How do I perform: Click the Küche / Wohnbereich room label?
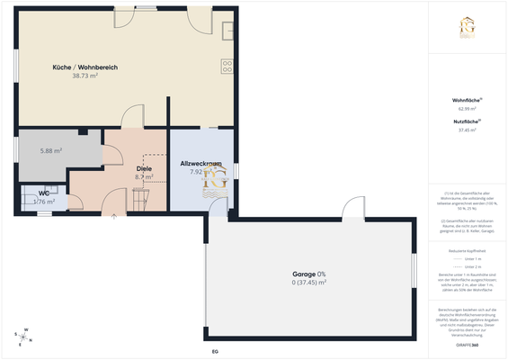tap(85, 67)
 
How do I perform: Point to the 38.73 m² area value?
tap(85, 76)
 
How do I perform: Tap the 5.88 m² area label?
tap(50, 151)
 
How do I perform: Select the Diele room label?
tap(144, 168)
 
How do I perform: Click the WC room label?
tap(43, 193)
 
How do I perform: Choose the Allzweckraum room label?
tap(201, 163)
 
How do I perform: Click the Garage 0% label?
tap(308, 273)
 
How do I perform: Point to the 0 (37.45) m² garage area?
tap(308, 282)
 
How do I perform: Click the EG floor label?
tap(215, 351)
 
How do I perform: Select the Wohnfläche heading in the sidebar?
tap(467, 99)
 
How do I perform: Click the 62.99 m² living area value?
tap(467, 108)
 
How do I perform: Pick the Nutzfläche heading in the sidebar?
tap(467, 121)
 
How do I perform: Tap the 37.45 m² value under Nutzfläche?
tap(467, 130)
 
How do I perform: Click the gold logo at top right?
tap(468, 28)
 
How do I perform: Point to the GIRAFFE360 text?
tap(467, 345)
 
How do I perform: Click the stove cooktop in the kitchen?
tap(227, 65)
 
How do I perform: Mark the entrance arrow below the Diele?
tap(114, 216)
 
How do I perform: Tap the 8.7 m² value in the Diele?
tap(144, 177)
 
